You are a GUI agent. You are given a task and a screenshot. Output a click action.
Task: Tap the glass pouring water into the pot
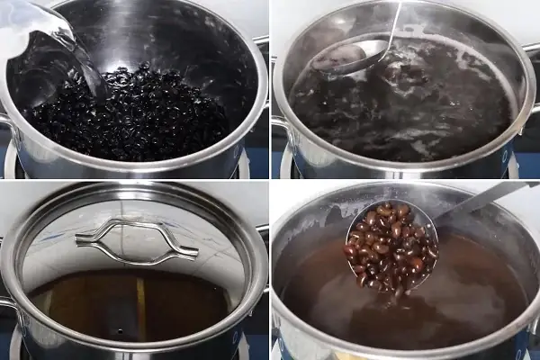click(36, 27)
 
